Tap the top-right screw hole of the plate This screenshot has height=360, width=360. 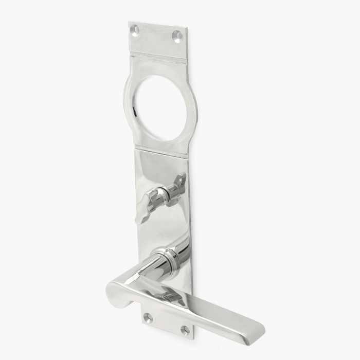(x=177, y=37)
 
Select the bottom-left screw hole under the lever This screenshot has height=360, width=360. (x=148, y=317)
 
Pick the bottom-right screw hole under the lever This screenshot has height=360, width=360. (x=185, y=329)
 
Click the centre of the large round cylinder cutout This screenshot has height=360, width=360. (x=160, y=109)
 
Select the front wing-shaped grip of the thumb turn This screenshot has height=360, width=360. (x=144, y=204)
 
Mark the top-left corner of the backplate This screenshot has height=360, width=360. (x=129, y=22)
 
